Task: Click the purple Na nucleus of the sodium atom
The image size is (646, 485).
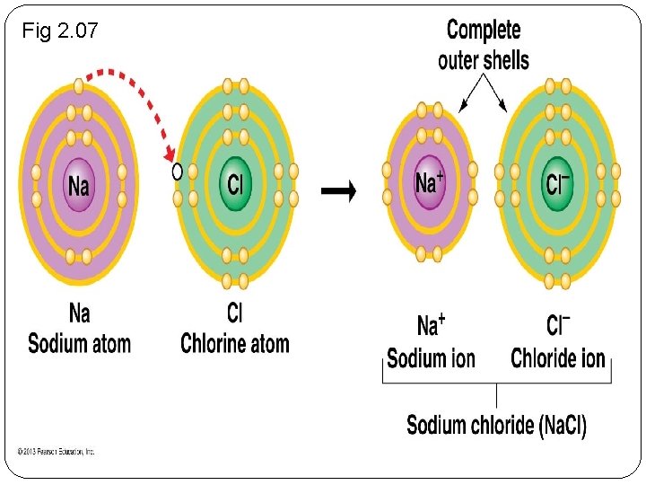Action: pyautogui.click(x=79, y=184)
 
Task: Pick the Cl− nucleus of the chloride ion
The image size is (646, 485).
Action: pyautogui.click(x=557, y=183)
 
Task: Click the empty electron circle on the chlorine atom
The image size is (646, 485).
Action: pyautogui.click(x=177, y=171)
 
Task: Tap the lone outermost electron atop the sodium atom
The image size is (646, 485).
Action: pyautogui.click(x=79, y=86)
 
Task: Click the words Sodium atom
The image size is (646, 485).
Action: pyautogui.click(x=79, y=343)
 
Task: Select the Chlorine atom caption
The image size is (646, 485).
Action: pyautogui.click(x=235, y=343)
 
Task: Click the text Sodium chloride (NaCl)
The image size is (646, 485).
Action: pyautogui.click(x=496, y=424)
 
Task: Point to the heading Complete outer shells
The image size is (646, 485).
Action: pyautogui.click(x=483, y=45)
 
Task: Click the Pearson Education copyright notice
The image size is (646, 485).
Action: pyautogui.click(x=56, y=452)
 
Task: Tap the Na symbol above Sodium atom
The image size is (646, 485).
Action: pyautogui.click(x=79, y=313)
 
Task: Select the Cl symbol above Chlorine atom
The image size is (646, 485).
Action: pyautogui.click(x=235, y=313)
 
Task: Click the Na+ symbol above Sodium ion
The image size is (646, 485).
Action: pyautogui.click(x=431, y=325)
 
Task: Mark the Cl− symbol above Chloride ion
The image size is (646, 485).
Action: pyautogui.click(x=558, y=325)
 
